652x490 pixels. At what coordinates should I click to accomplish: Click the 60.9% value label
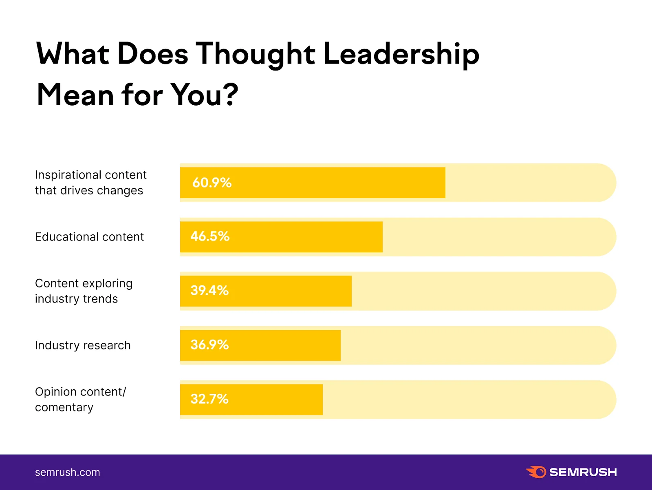pos(211,183)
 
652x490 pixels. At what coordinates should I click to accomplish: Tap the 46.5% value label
pos(210,236)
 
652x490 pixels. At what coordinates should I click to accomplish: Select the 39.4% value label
pos(209,291)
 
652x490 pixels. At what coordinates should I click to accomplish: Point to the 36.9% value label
pos(209,345)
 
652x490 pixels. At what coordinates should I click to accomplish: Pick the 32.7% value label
pos(209,399)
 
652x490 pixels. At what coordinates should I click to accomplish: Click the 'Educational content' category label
pos(89,237)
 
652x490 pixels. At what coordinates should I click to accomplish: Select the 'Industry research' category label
pos(83,345)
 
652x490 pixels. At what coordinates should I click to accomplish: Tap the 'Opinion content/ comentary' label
pos(80,400)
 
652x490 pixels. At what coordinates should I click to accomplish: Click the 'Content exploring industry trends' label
pos(84,291)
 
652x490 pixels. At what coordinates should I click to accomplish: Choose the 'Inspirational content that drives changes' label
pos(90,183)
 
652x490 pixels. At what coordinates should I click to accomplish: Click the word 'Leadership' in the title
pos(401,55)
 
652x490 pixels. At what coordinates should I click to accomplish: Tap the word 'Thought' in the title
pos(255,55)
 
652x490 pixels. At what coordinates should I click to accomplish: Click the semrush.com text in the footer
pos(67,472)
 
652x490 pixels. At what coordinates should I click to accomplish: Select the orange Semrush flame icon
pos(536,472)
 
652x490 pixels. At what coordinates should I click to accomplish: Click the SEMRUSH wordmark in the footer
pos(583,472)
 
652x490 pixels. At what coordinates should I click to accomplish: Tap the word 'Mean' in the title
pos(75,95)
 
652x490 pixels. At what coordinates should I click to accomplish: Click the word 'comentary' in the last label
pos(64,407)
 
